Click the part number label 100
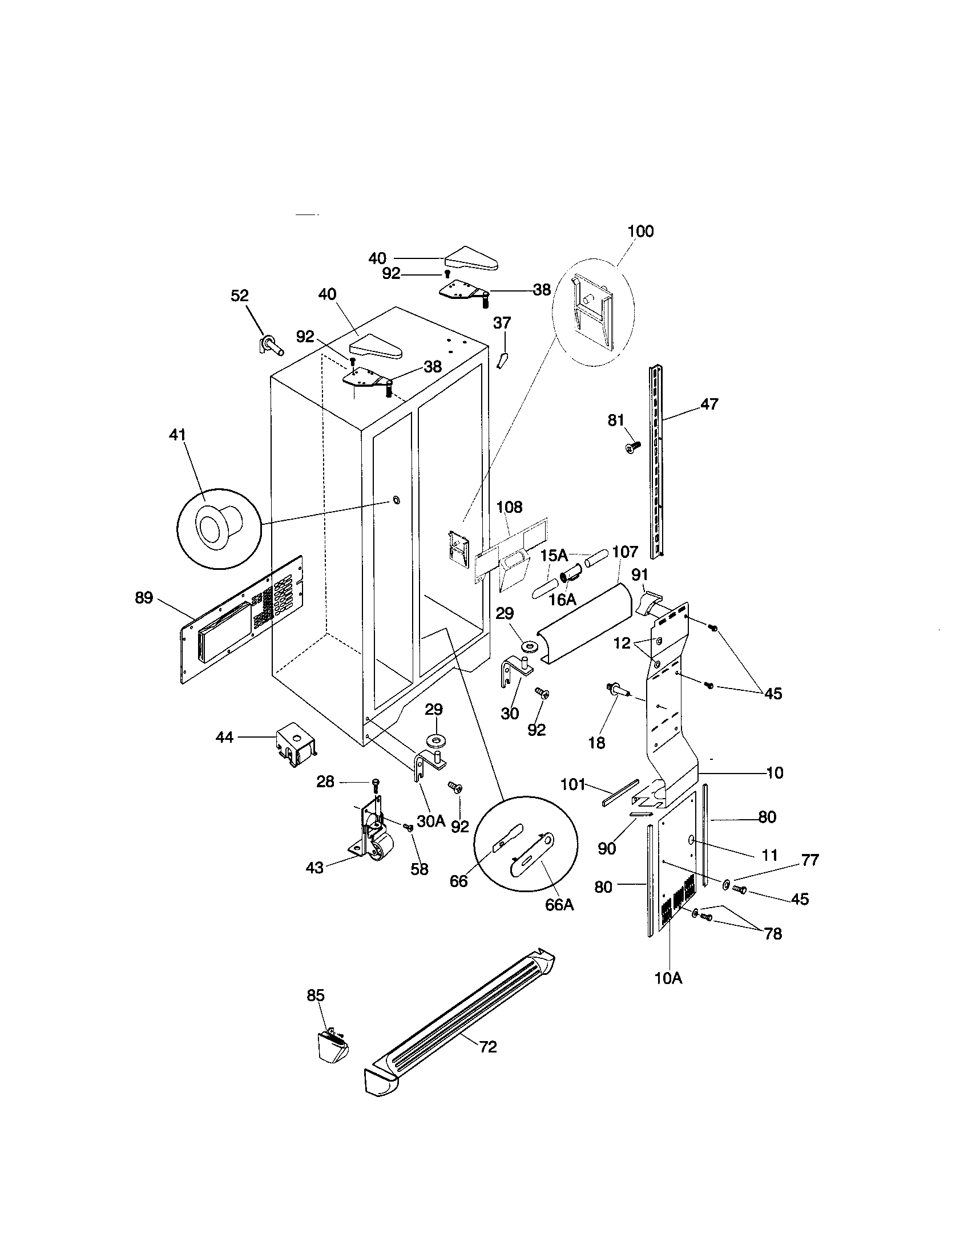640,231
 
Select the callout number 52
240,295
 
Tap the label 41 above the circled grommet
178,435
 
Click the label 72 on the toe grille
487,1047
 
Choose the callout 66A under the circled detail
559,905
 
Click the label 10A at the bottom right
668,978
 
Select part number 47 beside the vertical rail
709,404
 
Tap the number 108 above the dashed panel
509,507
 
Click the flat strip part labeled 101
620,794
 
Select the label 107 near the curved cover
624,552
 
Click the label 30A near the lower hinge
431,821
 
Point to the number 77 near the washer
810,860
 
